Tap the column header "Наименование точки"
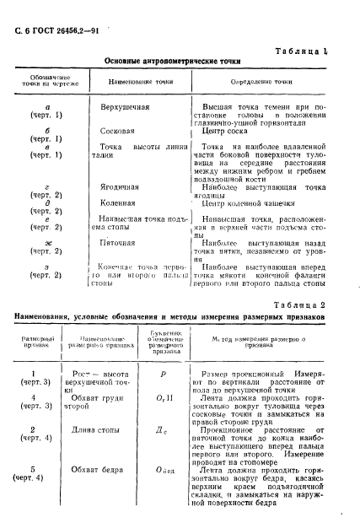[135, 83]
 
